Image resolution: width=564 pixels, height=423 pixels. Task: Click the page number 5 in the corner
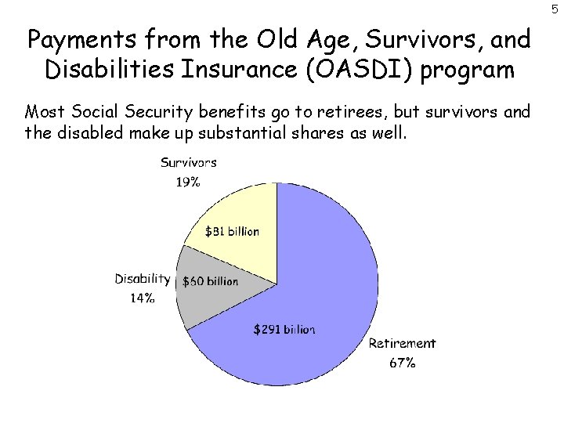(555, 9)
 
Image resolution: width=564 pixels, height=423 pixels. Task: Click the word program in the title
(476, 70)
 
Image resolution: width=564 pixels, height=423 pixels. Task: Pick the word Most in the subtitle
(45, 110)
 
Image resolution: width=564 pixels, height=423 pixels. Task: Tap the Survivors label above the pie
(189, 163)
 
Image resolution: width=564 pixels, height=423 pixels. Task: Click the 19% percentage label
(188, 182)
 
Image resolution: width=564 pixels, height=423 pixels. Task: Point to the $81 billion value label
(232, 231)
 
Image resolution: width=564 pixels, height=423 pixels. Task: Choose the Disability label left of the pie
(142, 278)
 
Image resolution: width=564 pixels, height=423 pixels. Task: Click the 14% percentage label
(142, 297)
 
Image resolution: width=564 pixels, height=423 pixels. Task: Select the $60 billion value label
(210, 281)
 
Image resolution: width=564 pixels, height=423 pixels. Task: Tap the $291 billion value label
(284, 330)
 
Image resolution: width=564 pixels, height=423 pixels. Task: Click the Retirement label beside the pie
(402, 343)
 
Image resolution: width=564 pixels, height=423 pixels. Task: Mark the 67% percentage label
(402, 363)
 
